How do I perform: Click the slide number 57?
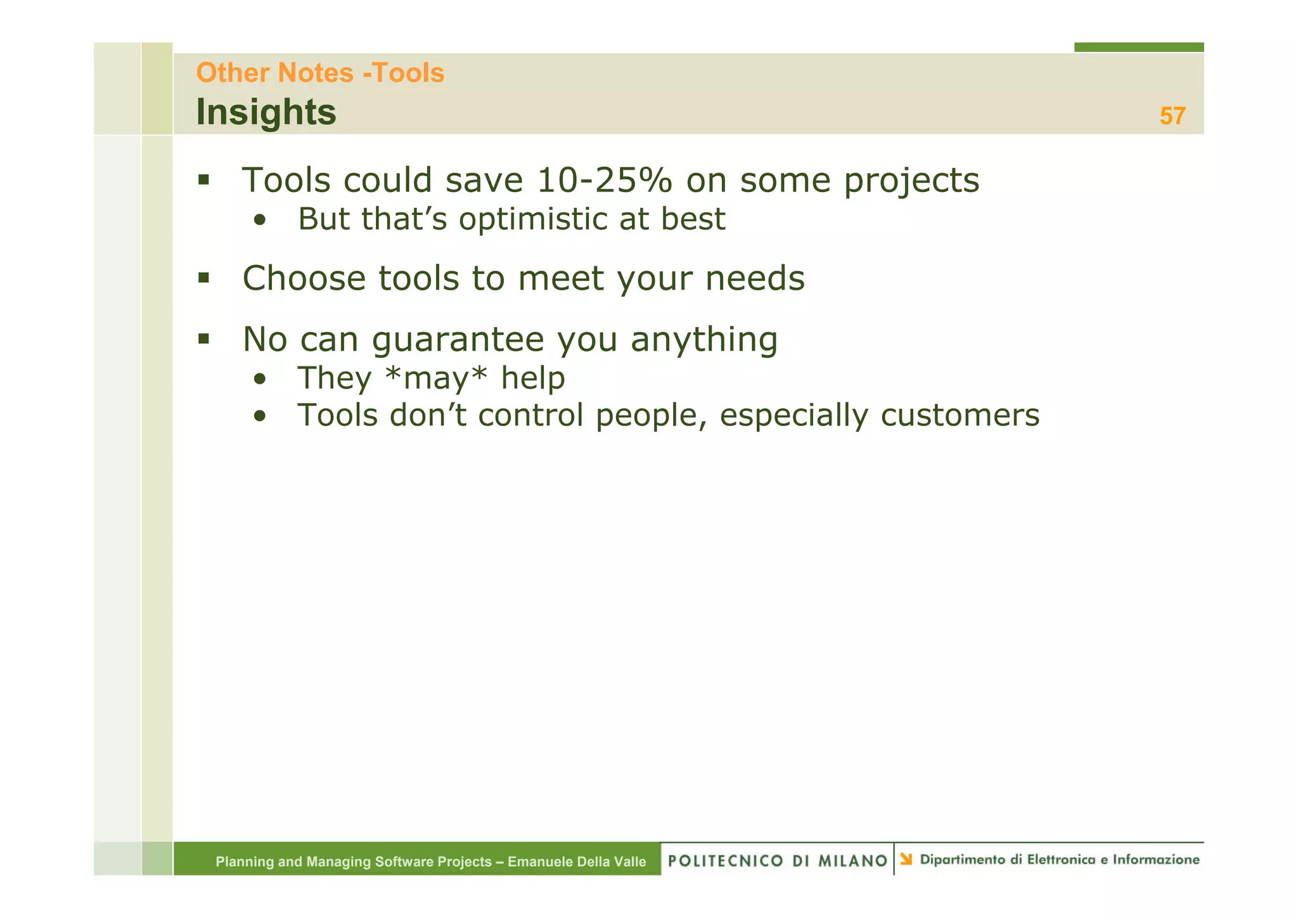(x=1172, y=116)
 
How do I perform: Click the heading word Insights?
(x=266, y=112)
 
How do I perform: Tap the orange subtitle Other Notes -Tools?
(x=320, y=73)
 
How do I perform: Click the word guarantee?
(x=458, y=340)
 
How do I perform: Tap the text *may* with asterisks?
(x=436, y=378)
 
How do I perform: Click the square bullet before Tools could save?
(x=203, y=180)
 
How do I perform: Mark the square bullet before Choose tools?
(x=203, y=278)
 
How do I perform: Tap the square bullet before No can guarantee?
(x=203, y=339)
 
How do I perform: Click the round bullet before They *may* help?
(x=259, y=380)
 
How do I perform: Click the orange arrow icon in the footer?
(x=906, y=859)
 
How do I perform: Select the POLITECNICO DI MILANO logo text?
(x=777, y=860)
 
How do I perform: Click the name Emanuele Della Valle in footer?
(x=577, y=862)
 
